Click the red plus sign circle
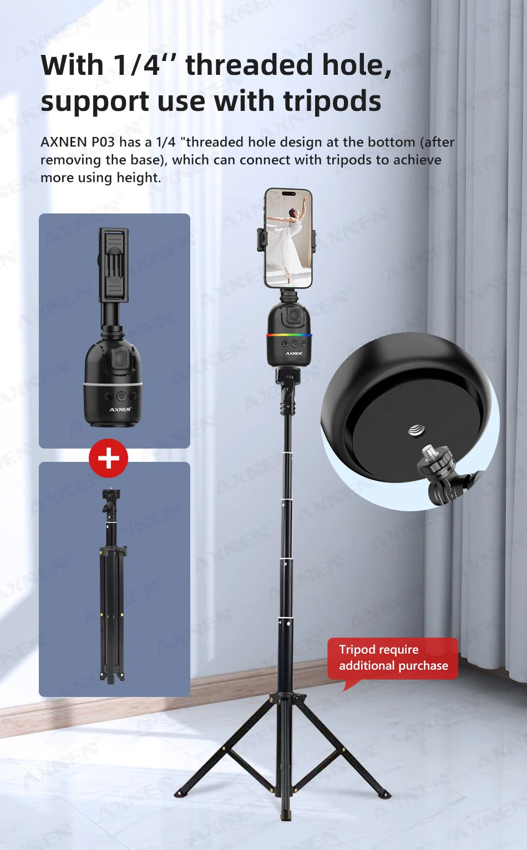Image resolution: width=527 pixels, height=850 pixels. point(108,458)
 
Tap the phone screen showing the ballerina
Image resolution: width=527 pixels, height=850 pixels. point(288,238)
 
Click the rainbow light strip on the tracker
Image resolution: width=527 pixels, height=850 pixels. point(289,335)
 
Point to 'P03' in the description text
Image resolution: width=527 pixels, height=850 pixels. point(103,142)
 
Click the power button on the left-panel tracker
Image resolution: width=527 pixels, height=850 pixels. point(121,396)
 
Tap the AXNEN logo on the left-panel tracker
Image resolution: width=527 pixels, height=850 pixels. point(120,409)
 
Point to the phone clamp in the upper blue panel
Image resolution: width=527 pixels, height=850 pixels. point(114,265)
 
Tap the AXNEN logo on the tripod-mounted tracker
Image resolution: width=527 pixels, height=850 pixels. point(294,353)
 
